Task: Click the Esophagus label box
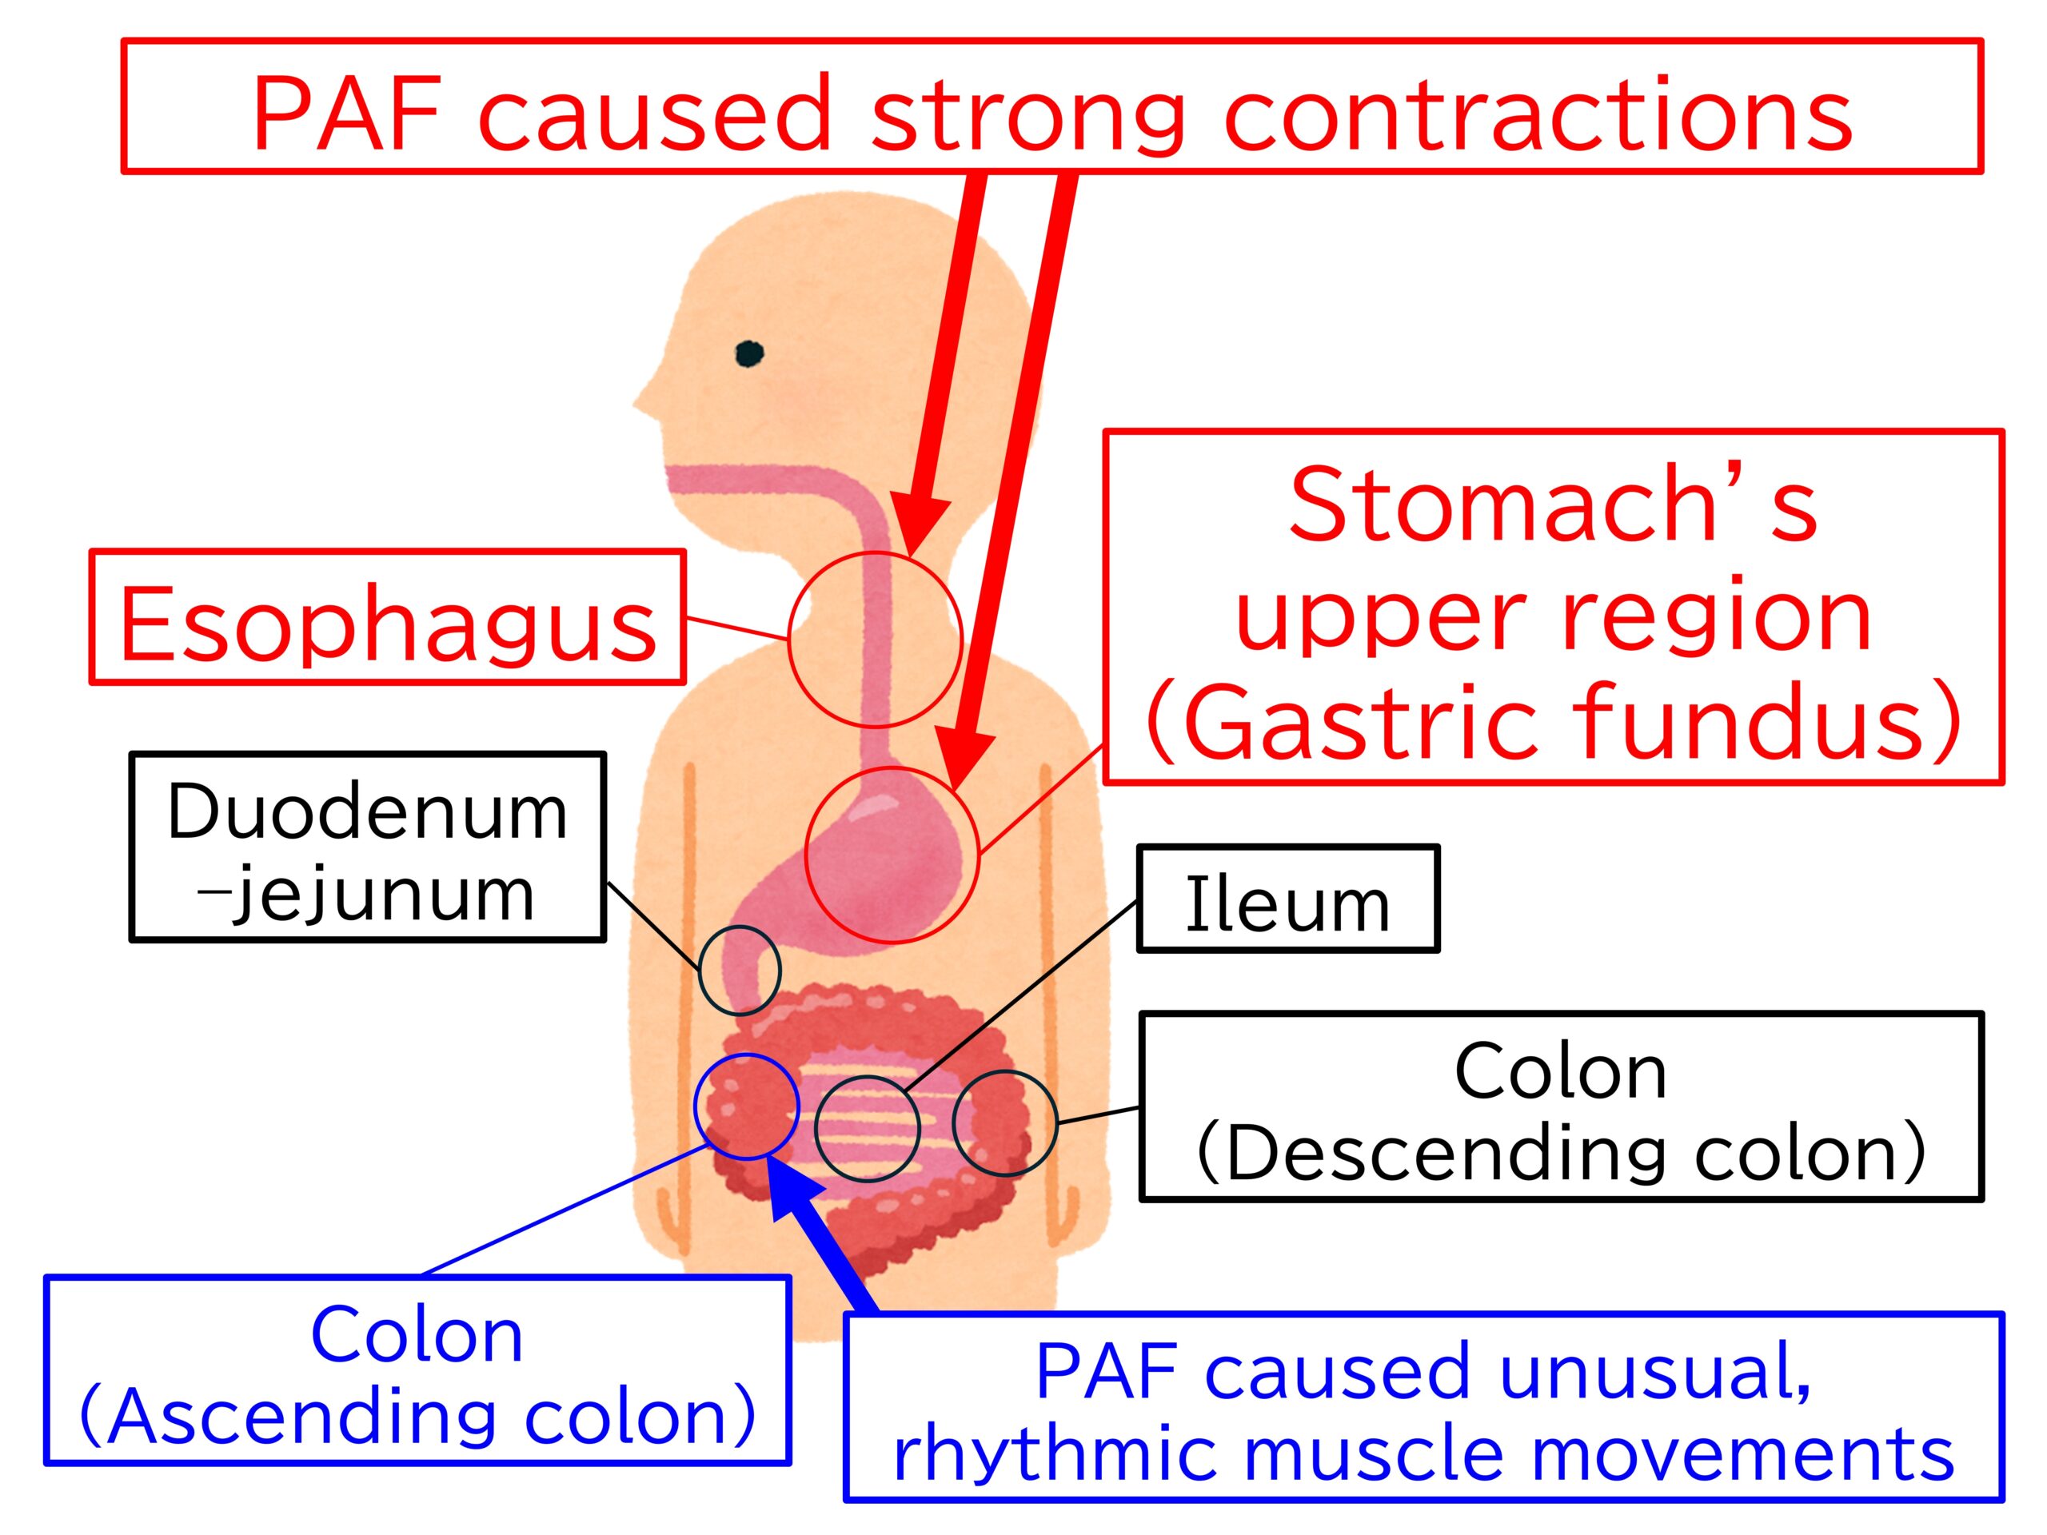(x=388, y=617)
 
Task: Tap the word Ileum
(x=1287, y=904)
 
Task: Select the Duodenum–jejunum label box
(x=367, y=847)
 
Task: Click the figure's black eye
(x=748, y=353)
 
